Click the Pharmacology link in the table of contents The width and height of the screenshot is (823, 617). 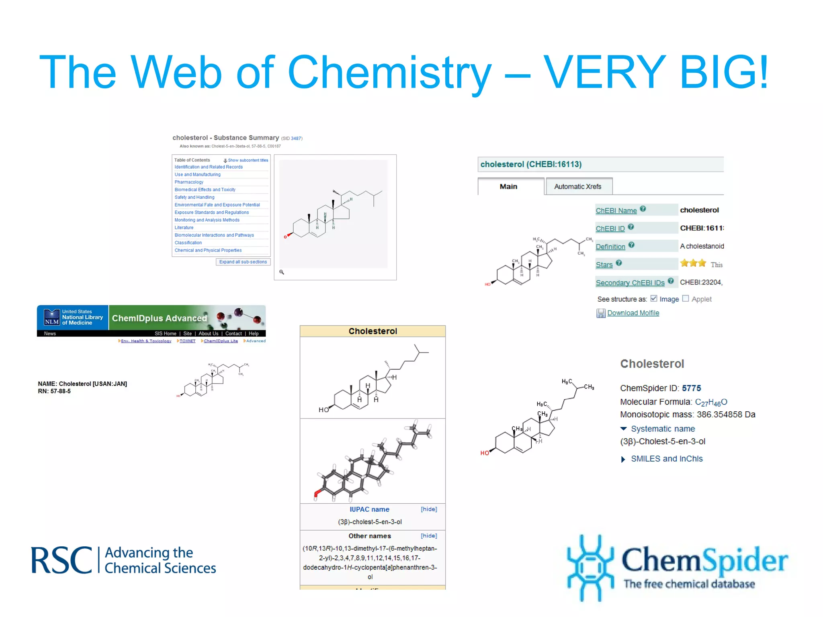coord(189,182)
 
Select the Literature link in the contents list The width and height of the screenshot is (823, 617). coord(184,227)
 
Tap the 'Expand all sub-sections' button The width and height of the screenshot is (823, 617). coord(243,262)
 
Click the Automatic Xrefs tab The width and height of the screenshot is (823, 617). coord(577,186)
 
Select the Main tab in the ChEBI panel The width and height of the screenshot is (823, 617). coord(508,186)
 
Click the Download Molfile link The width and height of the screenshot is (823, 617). coord(633,313)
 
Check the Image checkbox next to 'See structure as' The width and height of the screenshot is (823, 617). coord(654,298)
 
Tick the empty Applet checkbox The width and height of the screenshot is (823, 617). coord(686,298)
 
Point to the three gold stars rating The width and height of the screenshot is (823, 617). coord(693,264)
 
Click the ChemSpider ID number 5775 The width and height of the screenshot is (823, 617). coord(691,388)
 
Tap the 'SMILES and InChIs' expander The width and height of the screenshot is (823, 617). coord(666,459)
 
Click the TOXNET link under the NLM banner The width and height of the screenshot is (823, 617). coord(187,341)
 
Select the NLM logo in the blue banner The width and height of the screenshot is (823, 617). coord(52,317)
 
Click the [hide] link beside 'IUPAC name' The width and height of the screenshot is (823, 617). coord(429,509)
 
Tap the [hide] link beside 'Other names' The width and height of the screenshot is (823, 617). coord(429,536)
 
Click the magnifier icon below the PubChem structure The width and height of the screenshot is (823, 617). coord(282,272)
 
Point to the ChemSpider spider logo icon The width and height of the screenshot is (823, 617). coord(590,567)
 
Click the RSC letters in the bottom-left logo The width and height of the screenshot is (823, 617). coord(61,560)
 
